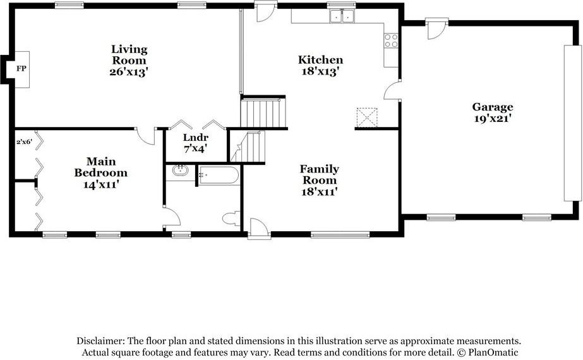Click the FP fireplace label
21,69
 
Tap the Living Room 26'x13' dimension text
129,72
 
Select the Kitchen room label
320,59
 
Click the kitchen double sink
342,16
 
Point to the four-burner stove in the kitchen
391,40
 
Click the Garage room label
492,107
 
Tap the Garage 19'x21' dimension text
492,119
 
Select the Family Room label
320,174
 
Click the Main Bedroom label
101,167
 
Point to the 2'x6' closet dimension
24,141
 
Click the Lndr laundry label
196,138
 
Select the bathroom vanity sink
180,171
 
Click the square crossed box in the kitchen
367,118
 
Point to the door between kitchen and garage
393,90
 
